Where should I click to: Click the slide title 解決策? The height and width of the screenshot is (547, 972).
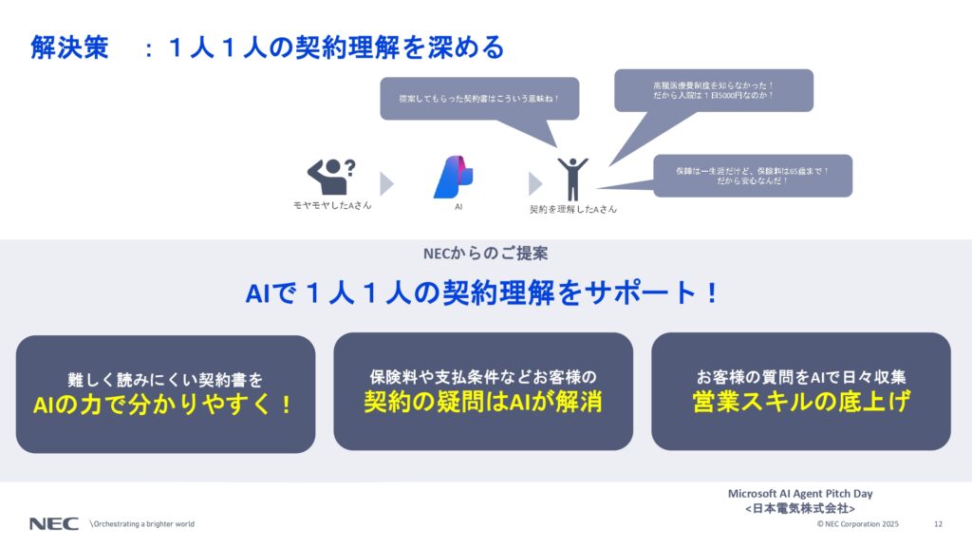coord(69,47)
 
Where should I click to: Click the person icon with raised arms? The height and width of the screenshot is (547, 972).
coord(572,178)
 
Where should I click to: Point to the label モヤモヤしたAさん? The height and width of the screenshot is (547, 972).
coord(332,205)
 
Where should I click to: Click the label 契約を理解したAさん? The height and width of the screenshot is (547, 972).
coord(572,209)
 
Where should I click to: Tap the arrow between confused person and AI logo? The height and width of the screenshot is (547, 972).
coord(386,183)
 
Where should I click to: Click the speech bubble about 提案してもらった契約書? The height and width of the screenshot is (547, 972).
coord(479,98)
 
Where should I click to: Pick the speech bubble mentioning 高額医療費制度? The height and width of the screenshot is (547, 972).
coord(714,89)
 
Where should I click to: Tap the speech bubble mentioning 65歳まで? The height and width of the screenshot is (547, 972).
coord(753,176)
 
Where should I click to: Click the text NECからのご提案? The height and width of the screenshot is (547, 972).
coord(485,254)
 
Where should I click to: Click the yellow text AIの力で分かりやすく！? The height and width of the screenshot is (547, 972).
coord(165,405)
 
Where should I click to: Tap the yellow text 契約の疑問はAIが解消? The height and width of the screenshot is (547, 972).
coord(483,402)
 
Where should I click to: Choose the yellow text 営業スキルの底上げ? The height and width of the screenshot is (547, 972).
coord(800,402)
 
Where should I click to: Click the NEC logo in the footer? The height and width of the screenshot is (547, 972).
coord(53,524)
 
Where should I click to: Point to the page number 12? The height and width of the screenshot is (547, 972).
coord(938,524)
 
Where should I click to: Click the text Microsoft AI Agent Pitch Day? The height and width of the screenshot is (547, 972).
coord(799,494)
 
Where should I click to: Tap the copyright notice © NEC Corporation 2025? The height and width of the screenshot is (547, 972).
coord(857,524)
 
